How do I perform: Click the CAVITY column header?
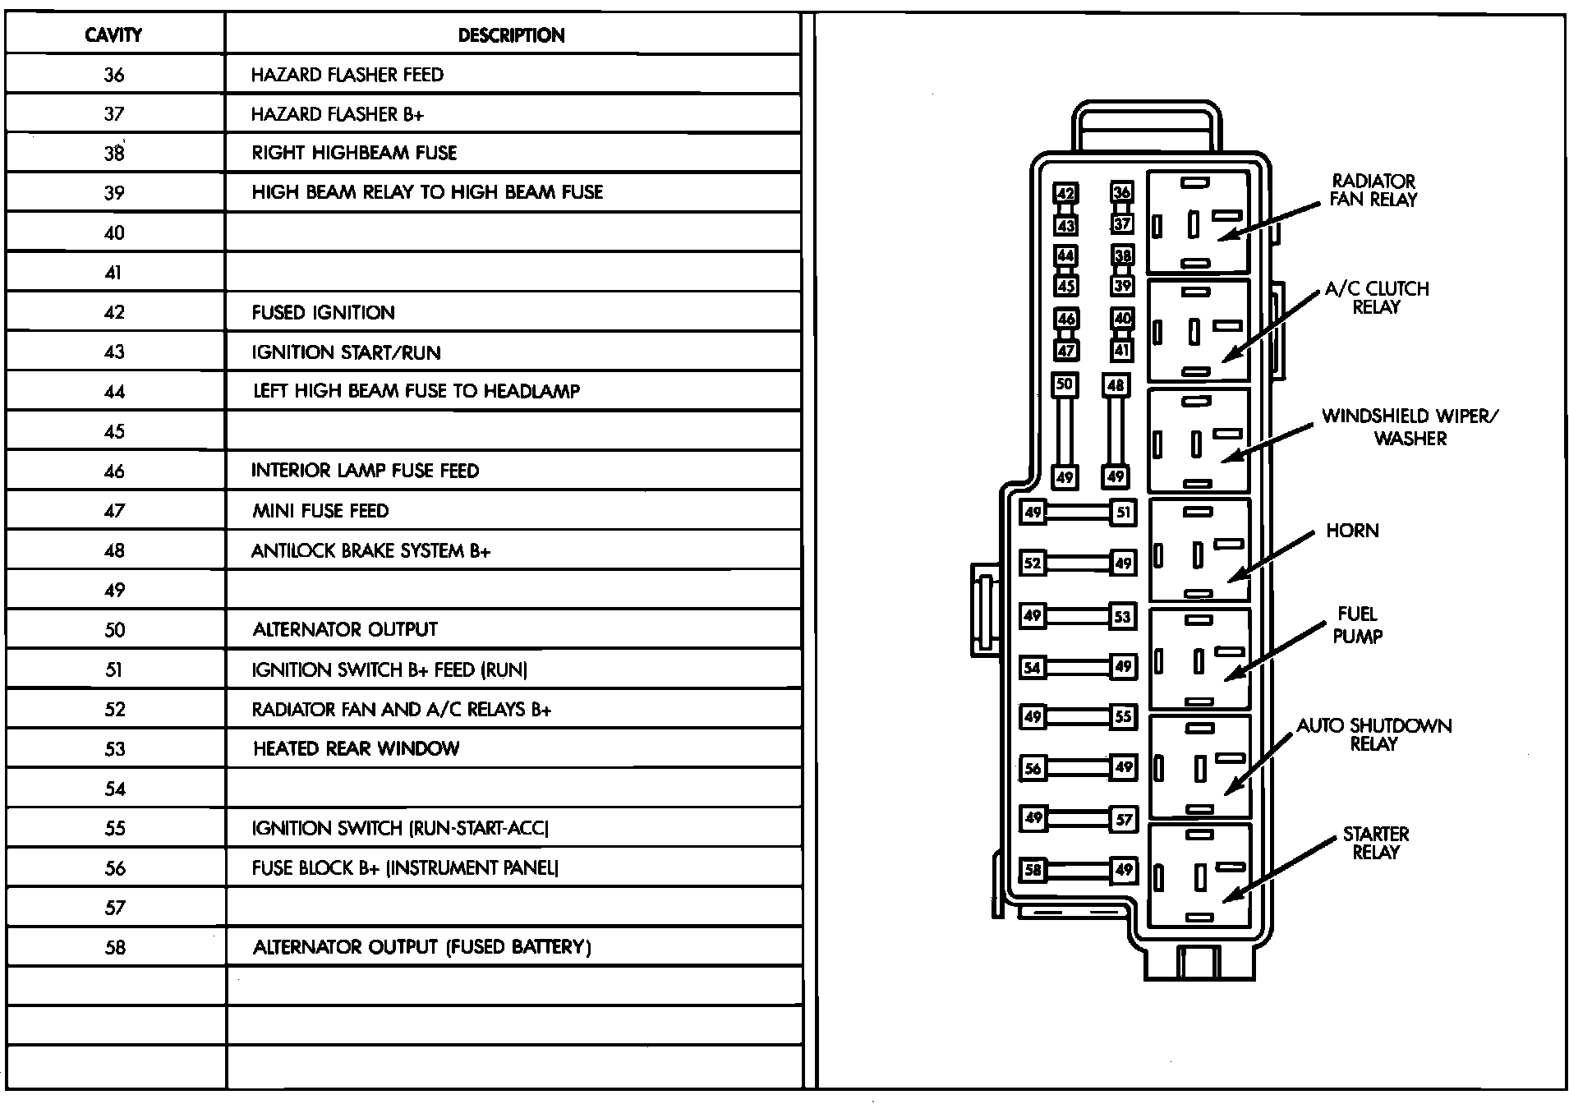pos(114,35)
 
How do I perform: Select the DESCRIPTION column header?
pos(511,35)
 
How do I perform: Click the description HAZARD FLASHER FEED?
pos(347,75)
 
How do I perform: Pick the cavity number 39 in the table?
pos(114,193)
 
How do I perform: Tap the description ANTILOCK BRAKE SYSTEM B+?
pos(370,550)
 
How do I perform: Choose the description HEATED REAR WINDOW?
pos(356,748)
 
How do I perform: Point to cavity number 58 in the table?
pos(115,947)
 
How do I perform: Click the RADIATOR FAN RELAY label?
pos(1373,190)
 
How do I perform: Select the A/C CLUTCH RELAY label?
pos(1377,297)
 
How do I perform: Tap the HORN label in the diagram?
pos(1352,531)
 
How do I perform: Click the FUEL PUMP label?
pos(1357,624)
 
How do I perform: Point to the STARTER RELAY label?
pos(1375,843)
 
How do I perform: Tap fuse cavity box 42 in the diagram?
pos(1065,194)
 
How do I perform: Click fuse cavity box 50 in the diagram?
pos(1065,384)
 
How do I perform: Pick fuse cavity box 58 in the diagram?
pos(1033,870)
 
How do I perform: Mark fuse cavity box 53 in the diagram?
pos(1123,616)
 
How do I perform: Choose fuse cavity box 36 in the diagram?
pos(1122,193)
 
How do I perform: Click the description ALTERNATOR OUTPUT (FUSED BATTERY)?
pos(421,947)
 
